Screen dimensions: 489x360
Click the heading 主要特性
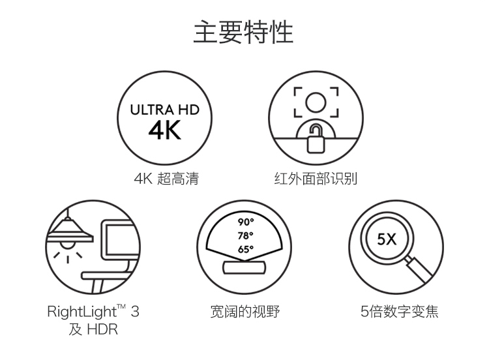[x=243, y=32]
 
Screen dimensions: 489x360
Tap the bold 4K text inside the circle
[x=165, y=130]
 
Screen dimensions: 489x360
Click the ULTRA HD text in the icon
[x=165, y=110]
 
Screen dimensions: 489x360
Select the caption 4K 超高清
[x=166, y=179]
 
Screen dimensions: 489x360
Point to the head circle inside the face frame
[x=316, y=102]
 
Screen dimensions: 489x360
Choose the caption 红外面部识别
[x=316, y=179]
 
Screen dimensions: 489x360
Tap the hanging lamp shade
[x=70, y=231]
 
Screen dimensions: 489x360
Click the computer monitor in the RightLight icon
[x=119, y=240]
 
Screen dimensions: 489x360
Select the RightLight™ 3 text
[x=93, y=311]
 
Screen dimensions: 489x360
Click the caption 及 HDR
[x=93, y=329]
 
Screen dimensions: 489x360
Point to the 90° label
[x=246, y=222]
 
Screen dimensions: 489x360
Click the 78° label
[x=245, y=235]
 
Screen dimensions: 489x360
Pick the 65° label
[x=245, y=249]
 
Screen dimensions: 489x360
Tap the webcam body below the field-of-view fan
[x=244, y=267]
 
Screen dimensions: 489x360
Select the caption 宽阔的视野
[x=244, y=311]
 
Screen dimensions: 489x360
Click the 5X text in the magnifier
[x=387, y=239]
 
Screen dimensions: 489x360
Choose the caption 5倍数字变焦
[x=400, y=311]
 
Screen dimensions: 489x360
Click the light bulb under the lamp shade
[x=67, y=245]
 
